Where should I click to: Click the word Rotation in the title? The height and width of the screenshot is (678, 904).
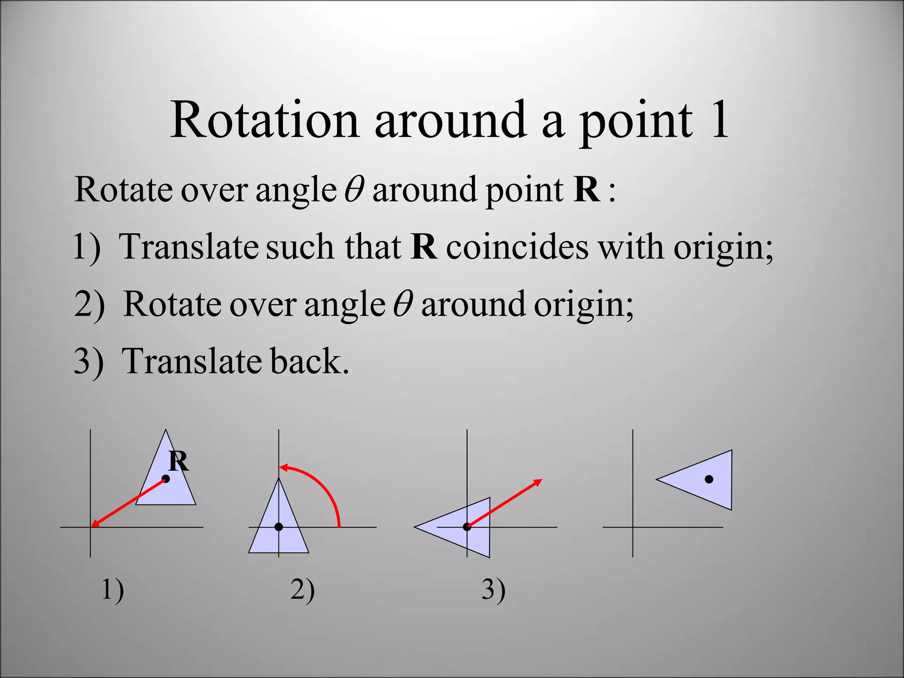point(264,121)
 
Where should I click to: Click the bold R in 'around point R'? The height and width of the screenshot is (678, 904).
point(587,190)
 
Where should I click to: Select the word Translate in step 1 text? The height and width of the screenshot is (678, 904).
point(188,247)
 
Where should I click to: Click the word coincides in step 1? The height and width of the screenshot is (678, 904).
point(517,247)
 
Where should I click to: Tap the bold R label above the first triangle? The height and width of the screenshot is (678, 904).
point(179,462)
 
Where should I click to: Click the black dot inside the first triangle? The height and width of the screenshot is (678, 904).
point(166,479)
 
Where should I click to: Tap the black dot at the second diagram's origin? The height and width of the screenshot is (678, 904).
point(279,527)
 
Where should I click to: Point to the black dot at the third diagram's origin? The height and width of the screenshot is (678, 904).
point(467,527)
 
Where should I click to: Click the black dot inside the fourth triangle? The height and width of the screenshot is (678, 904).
point(709,479)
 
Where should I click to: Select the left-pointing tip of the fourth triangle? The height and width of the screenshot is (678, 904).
point(658,479)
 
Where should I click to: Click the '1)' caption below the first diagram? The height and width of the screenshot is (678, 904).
point(113,590)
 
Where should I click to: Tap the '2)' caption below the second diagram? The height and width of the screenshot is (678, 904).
point(302,590)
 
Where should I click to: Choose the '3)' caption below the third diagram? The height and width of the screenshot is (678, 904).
point(493,590)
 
